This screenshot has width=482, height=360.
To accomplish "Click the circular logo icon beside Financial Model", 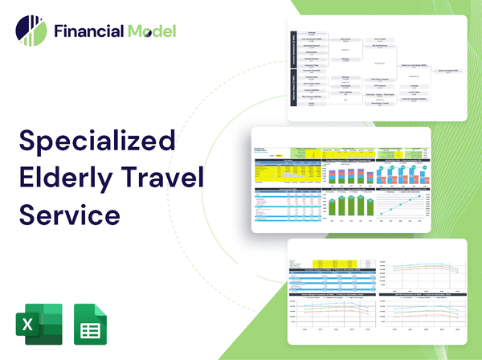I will tap(30, 31).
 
